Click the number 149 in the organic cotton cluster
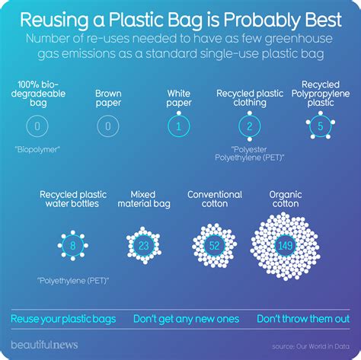pyautogui.click(x=286, y=246)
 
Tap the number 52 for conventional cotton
pyautogui.click(x=214, y=246)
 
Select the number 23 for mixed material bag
pyautogui.click(x=144, y=246)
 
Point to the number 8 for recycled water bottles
pyautogui.click(x=73, y=246)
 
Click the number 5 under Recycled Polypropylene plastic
pyautogui.click(x=321, y=126)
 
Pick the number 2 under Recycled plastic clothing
pyautogui.click(x=250, y=126)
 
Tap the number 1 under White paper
pyautogui.click(x=179, y=126)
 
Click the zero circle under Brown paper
pyautogui.click(x=108, y=126)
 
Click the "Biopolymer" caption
pyautogui.click(x=37, y=149)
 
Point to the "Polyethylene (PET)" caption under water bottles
pyautogui.click(x=73, y=281)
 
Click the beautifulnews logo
pyautogui.click(x=44, y=345)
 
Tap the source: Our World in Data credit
pyautogui.click(x=311, y=346)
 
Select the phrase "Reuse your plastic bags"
pyautogui.click(x=63, y=319)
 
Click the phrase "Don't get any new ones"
pyautogui.click(x=187, y=319)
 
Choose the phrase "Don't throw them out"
pyautogui.click(x=303, y=319)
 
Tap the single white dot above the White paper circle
pyautogui.click(x=179, y=113)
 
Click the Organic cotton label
pyautogui.click(x=286, y=199)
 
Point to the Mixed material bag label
pyautogui.click(x=144, y=199)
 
